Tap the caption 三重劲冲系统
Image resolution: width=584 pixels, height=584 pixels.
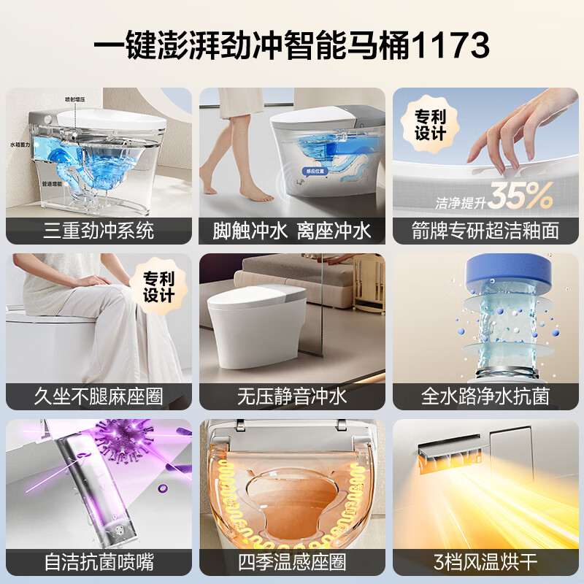[99, 231]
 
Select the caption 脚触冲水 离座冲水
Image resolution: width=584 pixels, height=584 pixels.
[292, 231]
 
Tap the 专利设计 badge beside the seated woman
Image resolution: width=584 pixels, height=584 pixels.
[158, 285]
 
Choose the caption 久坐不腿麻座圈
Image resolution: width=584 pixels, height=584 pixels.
[99, 397]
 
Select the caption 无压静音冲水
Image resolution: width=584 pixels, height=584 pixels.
[292, 397]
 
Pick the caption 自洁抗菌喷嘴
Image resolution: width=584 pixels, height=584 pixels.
[99, 562]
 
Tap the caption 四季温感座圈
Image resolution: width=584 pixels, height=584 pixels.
[292, 562]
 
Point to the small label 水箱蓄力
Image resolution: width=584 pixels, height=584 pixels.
[20, 145]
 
